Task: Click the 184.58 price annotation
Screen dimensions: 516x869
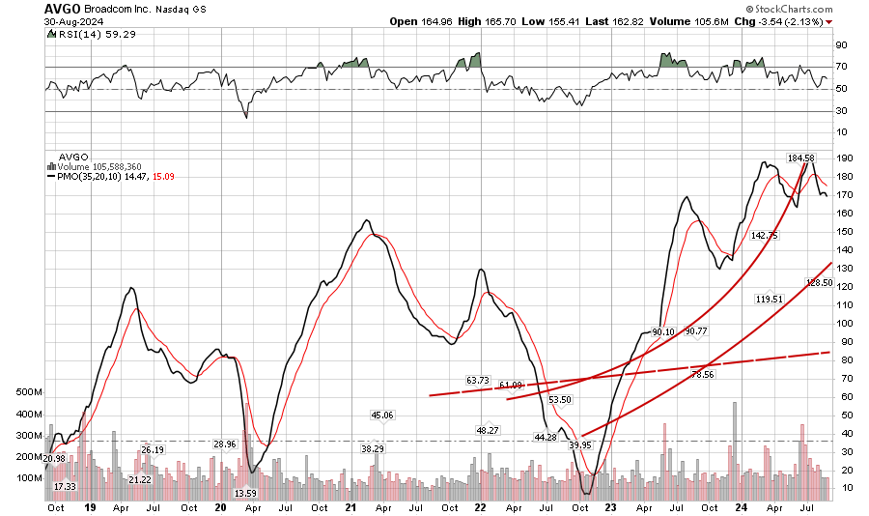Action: [x=801, y=158]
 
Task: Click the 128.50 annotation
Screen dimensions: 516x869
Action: [x=819, y=283]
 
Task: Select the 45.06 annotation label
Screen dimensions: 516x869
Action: [x=383, y=416]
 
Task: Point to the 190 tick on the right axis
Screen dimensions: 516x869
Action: [x=842, y=158]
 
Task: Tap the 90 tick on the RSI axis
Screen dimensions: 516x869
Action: [x=841, y=44]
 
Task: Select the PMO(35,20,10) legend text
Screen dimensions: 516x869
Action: [x=86, y=176]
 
